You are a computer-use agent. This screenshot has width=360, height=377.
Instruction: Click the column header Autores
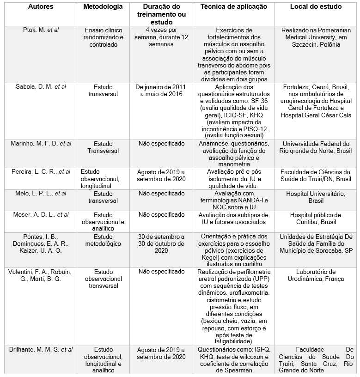click(x=40, y=7)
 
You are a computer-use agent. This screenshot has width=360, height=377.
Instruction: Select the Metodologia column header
click(x=103, y=7)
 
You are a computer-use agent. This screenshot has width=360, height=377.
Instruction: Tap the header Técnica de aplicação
click(x=233, y=7)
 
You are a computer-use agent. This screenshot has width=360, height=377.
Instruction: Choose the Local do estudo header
click(x=316, y=7)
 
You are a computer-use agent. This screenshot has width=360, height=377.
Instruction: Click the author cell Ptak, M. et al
click(x=41, y=30)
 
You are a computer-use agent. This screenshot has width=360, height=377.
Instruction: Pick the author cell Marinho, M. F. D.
click(x=41, y=144)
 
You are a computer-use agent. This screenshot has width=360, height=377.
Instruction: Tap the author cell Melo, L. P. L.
click(x=41, y=194)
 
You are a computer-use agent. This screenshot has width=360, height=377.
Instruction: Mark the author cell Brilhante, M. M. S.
click(x=41, y=349)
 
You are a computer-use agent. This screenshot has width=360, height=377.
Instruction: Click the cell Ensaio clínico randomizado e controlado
click(x=104, y=37)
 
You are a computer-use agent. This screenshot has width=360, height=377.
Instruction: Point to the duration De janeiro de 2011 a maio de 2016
click(x=159, y=90)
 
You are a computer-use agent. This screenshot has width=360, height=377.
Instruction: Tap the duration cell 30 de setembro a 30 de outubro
click(x=159, y=244)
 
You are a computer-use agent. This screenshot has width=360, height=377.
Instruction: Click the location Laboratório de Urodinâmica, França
click(x=317, y=275)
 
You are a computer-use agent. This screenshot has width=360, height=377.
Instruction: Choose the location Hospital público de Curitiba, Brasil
click(x=316, y=219)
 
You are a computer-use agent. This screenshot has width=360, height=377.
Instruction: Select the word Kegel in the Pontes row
click(x=217, y=251)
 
